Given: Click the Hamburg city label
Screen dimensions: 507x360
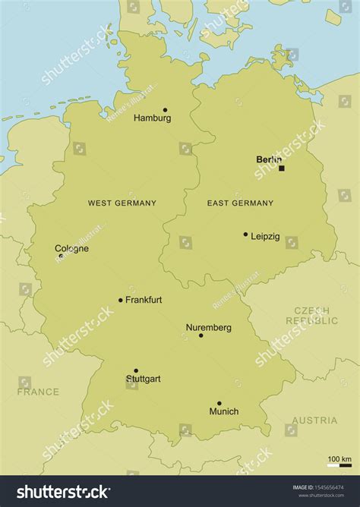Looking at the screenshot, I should (x=152, y=118).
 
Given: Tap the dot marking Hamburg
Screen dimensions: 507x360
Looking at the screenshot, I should (x=165, y=110).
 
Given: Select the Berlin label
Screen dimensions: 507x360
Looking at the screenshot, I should (x=269, y=159).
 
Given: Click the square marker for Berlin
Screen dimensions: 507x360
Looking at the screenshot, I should (x=281, y=168).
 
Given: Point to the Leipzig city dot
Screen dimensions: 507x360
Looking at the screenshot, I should (x=245, y=235).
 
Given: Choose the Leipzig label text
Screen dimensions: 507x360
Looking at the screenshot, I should (x=265, y=237).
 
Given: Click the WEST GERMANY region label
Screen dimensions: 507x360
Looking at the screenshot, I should (x=122, y=203).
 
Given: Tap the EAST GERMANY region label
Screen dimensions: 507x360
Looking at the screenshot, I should (x=240, y=203).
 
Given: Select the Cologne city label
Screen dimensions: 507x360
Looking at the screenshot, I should (x=71, y=248).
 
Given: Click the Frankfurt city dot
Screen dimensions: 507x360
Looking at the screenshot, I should (x=120, y=300).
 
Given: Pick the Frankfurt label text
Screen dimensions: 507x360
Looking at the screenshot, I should (x=144, y=301).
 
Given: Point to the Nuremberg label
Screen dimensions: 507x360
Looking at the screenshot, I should (x=208, y=328).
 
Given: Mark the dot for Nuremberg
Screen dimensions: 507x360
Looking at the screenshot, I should (x=201, y=335).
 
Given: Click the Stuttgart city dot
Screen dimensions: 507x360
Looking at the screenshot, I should (x=136, y=371).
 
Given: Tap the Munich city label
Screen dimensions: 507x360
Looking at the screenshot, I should (x=223, y=412).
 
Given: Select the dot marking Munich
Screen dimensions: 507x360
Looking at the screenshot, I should (x=219, y=404).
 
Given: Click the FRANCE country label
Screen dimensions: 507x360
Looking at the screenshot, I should (x=38, y=392).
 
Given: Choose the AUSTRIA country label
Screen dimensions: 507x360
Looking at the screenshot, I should (x=314, y=420).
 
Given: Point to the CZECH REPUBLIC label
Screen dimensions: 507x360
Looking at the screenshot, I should (x=311, y=316).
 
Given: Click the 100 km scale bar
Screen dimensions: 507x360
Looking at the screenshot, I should (x=339, y=465).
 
